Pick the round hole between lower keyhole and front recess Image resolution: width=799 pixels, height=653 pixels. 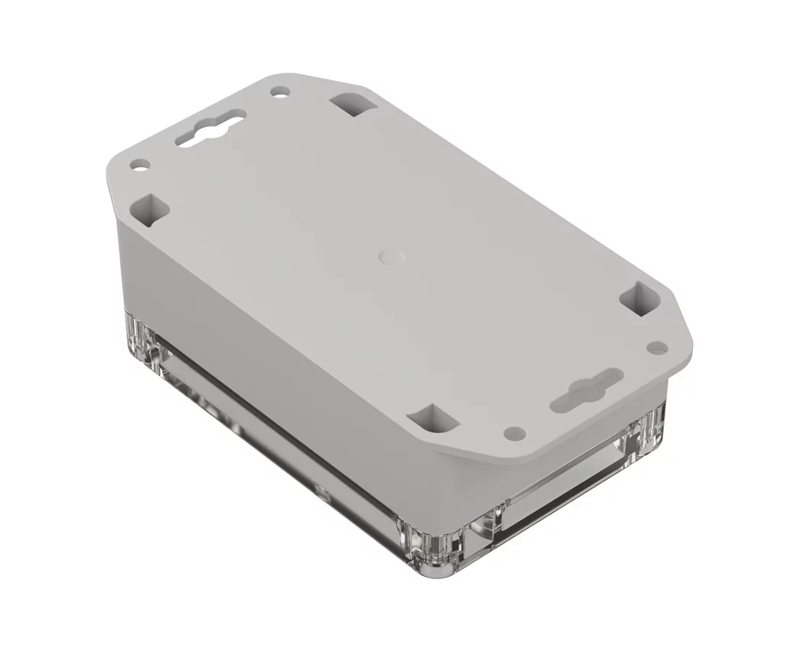click(x=515, y=432)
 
